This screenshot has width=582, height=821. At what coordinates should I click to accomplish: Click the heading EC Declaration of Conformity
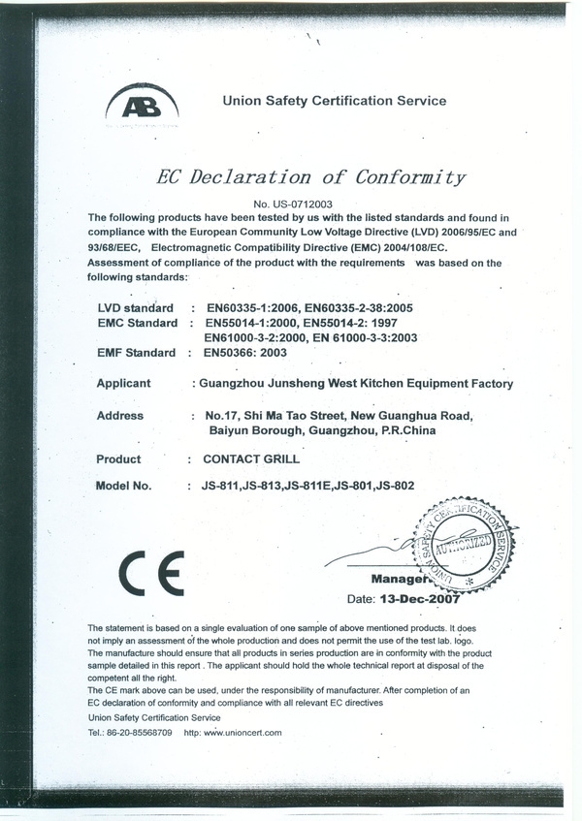(310, 177)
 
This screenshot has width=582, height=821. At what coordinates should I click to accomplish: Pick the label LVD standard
(135, 307)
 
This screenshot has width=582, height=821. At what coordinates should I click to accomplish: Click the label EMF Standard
(137, 353)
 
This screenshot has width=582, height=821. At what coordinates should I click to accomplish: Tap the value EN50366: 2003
(243, 353)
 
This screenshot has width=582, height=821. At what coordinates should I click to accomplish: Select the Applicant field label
(123, 384)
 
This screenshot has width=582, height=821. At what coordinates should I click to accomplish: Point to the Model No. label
(124, 487)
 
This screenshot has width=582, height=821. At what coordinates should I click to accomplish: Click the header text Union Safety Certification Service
(335, 101)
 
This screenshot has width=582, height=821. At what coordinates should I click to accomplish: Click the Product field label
(118, 459)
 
